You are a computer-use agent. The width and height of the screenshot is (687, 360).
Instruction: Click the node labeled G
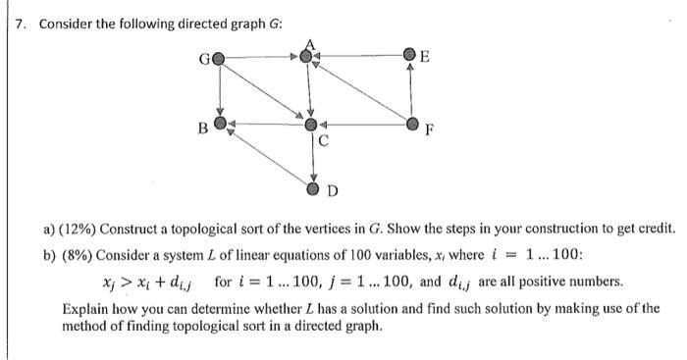coord(219,58)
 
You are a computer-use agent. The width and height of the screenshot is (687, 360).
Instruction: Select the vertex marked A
coord(310,58)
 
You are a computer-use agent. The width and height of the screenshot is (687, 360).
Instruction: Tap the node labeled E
coord(411,58)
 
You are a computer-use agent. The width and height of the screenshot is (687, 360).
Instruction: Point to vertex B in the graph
coord(221,125)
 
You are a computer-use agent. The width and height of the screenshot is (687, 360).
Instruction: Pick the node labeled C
coord(310,126)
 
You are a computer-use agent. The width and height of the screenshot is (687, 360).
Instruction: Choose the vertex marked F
coord(412,125)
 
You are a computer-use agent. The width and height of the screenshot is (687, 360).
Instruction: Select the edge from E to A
coord(361,58)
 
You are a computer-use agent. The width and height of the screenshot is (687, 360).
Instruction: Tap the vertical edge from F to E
coord(412,91)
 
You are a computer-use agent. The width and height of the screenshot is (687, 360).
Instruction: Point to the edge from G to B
coord(220,91)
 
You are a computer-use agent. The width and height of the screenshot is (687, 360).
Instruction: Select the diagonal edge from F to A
coord(361,91)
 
